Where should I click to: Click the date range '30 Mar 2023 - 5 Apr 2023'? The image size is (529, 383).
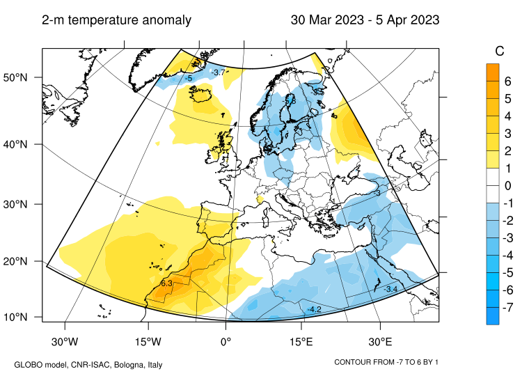click(365, 20)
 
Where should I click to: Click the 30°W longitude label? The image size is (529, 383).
click(65, 342)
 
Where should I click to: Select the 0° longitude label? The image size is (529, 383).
click(226, 342)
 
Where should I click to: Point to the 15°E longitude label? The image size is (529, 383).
click(302, 342)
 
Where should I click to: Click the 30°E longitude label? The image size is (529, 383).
click(380, 342)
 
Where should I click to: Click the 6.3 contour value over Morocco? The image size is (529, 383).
click(166, 283)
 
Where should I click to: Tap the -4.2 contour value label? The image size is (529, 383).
click(314, 309)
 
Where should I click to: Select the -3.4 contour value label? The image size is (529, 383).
click(390, 289)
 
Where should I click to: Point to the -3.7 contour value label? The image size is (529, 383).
click(219, 72)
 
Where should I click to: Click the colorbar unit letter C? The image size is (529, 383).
click(499, 51)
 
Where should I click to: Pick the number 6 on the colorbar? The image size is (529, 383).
click(507, 81)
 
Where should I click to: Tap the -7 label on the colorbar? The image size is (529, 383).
click(507, 307)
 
